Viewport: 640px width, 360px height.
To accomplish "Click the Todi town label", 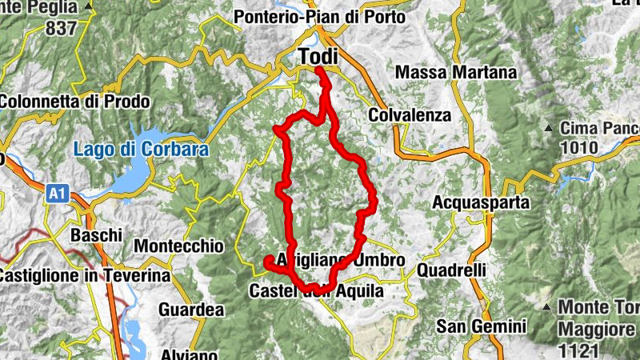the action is pyautogui.click(x=317, y=58).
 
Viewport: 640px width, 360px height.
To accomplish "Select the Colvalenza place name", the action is pyautogui.click(x=410, y=115).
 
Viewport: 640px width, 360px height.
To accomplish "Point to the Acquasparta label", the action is pyautogui.click(x=481, y=203).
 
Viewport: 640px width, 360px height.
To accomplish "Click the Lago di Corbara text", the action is pyautogui.click(x=141, y=149).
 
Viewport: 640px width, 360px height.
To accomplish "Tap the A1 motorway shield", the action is pyautogui.click(x=57, y=193).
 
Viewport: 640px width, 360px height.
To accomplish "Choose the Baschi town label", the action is pyautogui.click(x=96, y=235).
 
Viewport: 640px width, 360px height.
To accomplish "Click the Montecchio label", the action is pyautogui.click(x=179, y=246).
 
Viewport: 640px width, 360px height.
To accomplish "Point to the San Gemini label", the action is pyautogui.click(x=481, y=326).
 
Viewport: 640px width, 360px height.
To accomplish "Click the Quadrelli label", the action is pyautogui.click(x=451, y=270).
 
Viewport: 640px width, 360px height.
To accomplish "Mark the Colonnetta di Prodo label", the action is pyautogui.click(x=75, y=102).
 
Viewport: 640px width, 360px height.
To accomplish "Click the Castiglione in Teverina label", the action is pyautogui.click(x=85, y=276).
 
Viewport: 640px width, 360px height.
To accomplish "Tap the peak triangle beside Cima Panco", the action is pyautogui.click(x=549, y=128).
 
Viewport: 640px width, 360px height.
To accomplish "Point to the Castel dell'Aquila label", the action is pyautogui.click(x=317, y=292).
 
